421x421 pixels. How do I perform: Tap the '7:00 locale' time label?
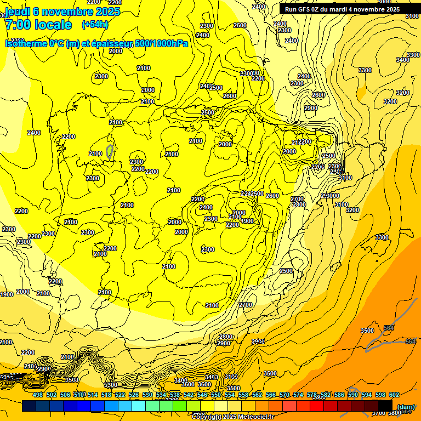click(38, 25)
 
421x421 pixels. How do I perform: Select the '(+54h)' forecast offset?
click(95, 25)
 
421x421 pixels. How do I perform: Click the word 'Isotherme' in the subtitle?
click(26, 43)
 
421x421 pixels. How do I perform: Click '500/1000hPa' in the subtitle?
click(162, 43)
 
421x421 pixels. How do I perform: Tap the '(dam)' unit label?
click(405, 407)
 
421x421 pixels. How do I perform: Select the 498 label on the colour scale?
click(38, 395)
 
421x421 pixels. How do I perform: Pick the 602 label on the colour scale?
click(394, 395)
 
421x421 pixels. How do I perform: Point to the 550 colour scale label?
click(216, 395)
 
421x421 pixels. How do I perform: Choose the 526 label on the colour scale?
click(134, 395)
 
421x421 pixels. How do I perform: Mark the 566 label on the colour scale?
click(271, 395)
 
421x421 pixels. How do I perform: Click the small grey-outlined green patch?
click(110, 151)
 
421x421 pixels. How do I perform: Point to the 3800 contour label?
click(394, 413)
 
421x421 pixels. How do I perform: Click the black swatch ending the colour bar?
click(385, 406)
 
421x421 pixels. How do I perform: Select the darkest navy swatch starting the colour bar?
click(29, 406)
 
